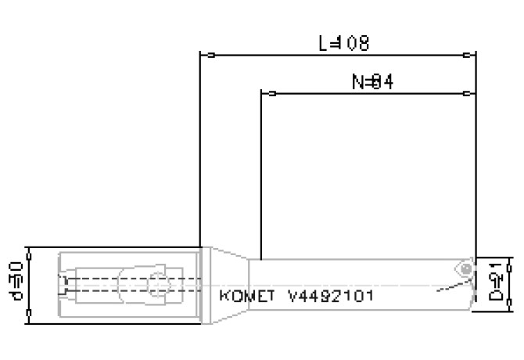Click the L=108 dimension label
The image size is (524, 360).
coord(344,43)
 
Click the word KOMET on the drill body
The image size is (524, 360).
coord(249,297)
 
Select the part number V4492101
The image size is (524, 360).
coord(331,297)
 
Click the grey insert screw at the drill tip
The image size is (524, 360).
coord(467,268)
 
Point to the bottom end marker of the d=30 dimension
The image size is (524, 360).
coord(29,317)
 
